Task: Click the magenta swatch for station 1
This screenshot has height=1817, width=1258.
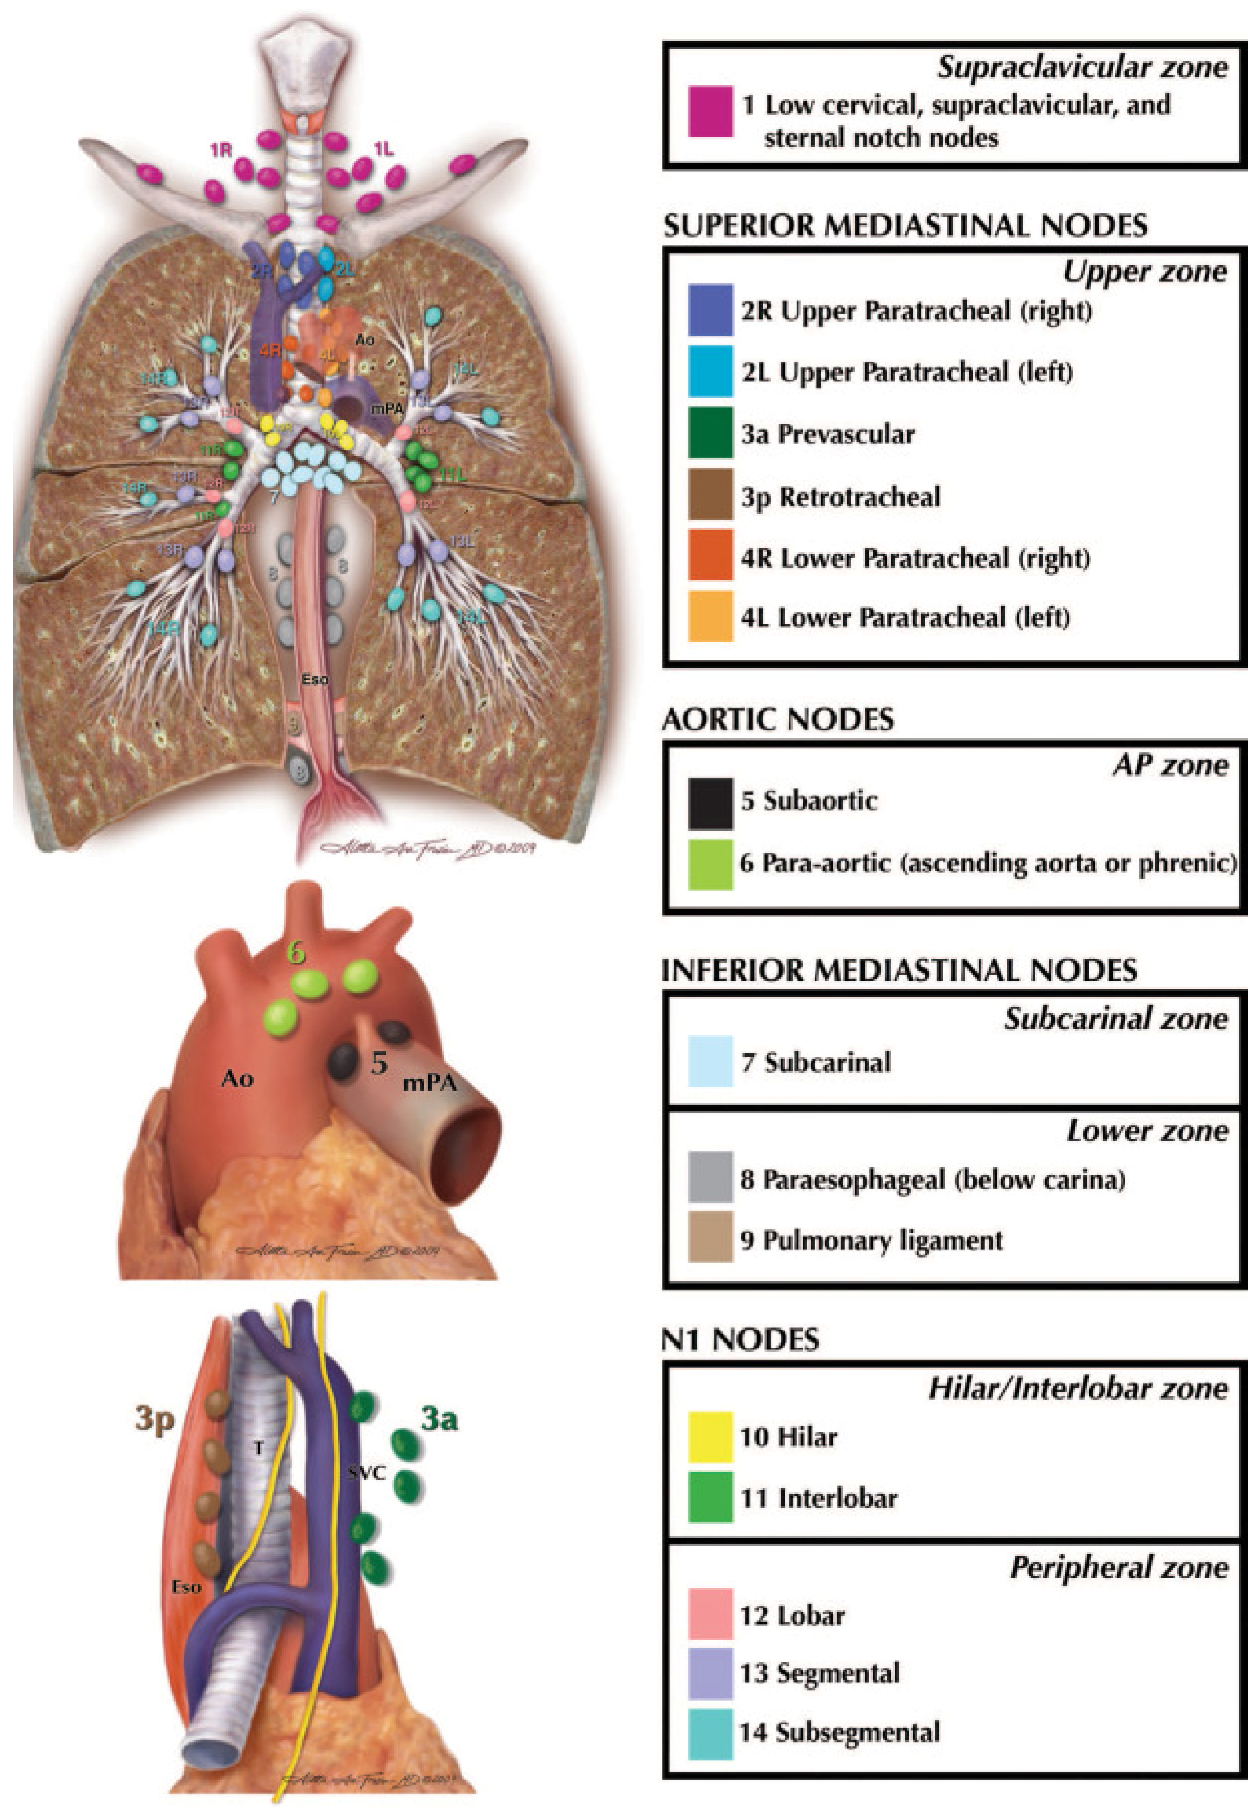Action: [x=710, y=111]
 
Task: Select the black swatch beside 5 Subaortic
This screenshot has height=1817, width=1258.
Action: [x=710, y=803]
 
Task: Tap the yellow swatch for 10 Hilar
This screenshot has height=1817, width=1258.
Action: [x=710, y=1436]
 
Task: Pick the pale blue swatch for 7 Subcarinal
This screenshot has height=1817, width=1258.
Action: [x=710, y=1061]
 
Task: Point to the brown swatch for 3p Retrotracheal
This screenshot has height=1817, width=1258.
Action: [x=710, y=495]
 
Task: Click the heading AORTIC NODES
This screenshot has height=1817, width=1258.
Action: [x=778, y=720]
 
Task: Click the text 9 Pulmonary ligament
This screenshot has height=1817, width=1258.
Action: [x=871, y=1240]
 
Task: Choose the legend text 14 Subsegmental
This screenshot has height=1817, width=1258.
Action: [x=840, y=1732]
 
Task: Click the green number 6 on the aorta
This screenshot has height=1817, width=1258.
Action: [x=296, y=952]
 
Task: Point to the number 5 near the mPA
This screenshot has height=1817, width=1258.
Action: [x=379, y=1064]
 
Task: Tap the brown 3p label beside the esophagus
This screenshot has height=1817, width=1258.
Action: [x=154, y=1418]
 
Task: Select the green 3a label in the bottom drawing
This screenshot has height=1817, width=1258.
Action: [x=439, y=1418]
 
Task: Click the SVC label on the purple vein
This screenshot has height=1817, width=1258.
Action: [x=367, y=1471]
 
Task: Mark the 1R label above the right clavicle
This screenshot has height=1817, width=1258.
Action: [x=221, y=149]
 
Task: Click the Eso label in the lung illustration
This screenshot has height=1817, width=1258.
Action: [x=315, y=679]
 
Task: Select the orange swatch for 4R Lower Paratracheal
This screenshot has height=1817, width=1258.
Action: [x=710, y=556]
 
